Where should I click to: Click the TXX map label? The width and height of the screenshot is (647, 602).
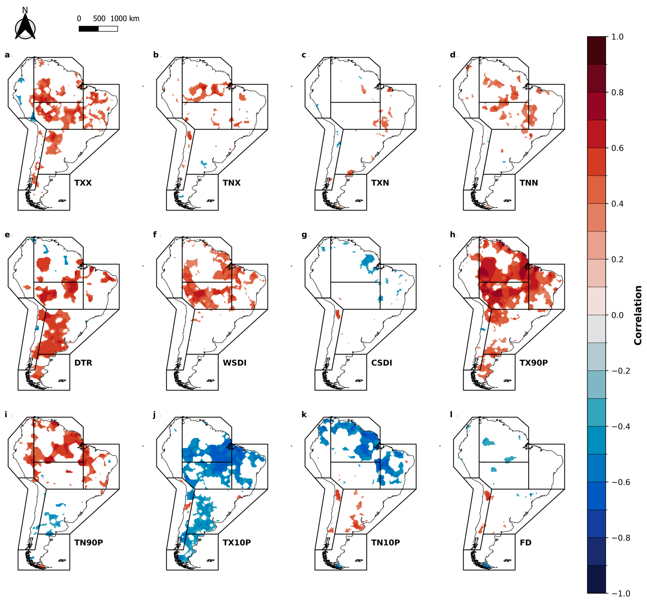83,183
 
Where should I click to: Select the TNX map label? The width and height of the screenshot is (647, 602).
232,183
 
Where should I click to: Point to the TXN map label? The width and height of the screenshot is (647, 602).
380,183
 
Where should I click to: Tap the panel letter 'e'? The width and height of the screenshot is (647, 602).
7,235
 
